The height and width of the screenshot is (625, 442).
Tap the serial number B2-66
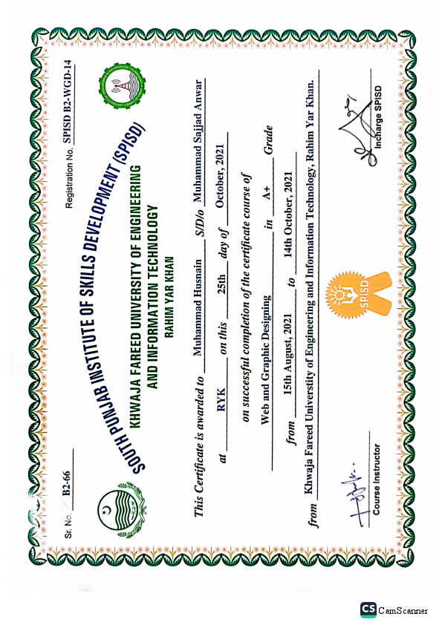point(66,483)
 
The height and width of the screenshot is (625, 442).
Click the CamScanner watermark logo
point(367,609)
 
